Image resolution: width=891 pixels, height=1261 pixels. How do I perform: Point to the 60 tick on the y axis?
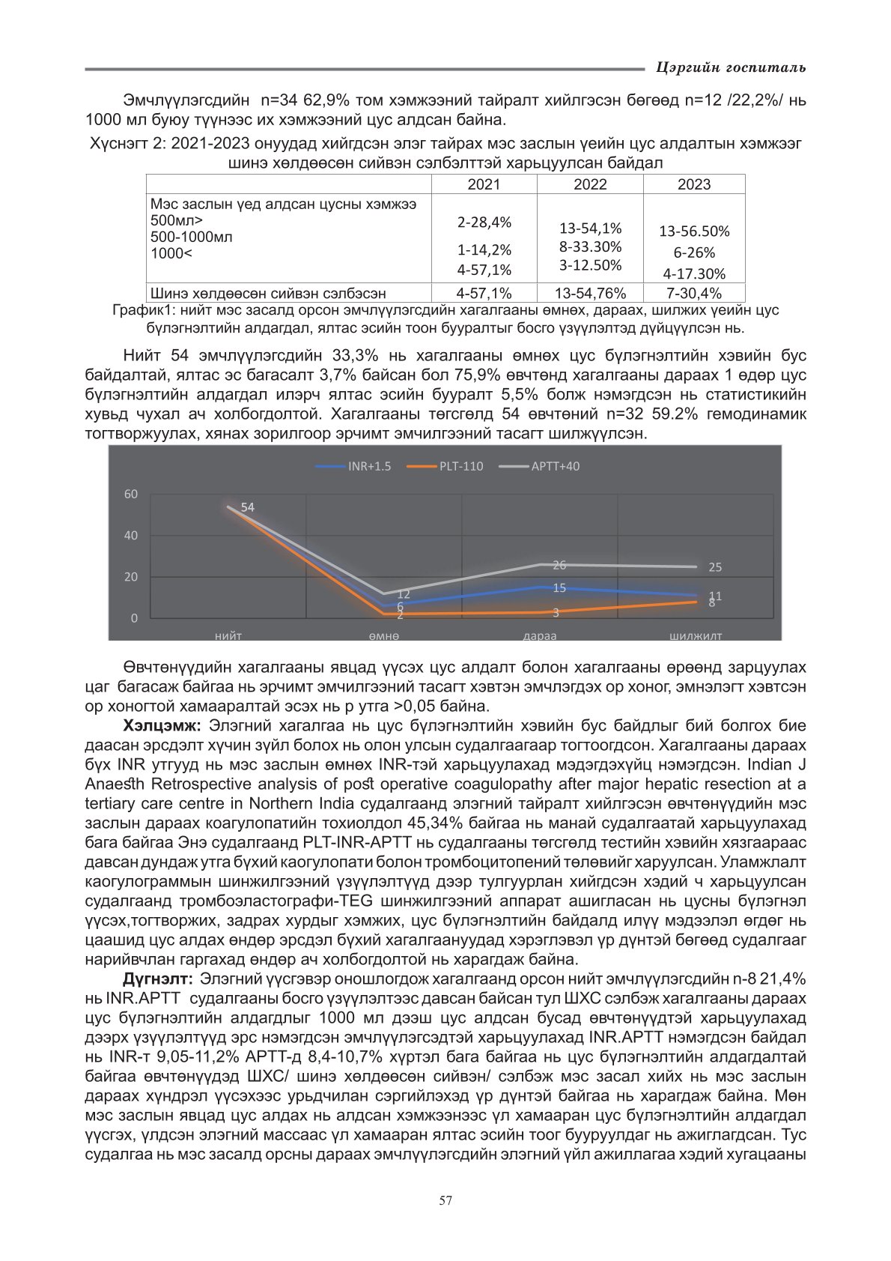(x=131, y=494)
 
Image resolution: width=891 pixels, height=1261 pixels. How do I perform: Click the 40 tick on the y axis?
(x=131, y=535)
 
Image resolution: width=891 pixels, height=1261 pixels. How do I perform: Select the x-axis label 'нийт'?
(x=228, y=635)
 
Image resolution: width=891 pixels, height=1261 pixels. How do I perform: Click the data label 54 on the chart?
(x=248, y=507)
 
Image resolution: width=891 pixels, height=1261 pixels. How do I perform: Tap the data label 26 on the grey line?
(x=559, y=565)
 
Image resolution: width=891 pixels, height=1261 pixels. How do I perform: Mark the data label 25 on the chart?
(x=715, y=567)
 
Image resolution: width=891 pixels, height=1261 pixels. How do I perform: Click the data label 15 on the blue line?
(x=559, y=588)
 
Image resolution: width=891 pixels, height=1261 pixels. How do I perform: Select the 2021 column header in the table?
(x=484, y=184)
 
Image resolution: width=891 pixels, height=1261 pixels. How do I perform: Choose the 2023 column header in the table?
(x=694, y=184)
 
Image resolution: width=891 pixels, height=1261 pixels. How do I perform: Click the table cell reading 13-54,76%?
(x=590, y=293)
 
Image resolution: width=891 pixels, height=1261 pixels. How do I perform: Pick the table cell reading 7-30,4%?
(x=694, y=293)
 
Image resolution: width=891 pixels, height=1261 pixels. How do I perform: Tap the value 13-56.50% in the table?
(x=694, y=232)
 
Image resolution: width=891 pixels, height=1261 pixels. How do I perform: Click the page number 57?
(x=445, y=1200)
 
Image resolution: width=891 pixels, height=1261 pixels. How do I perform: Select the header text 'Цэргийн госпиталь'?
(x=731, y=67)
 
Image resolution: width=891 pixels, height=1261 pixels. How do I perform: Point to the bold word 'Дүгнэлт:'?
(x=158, y=979)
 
